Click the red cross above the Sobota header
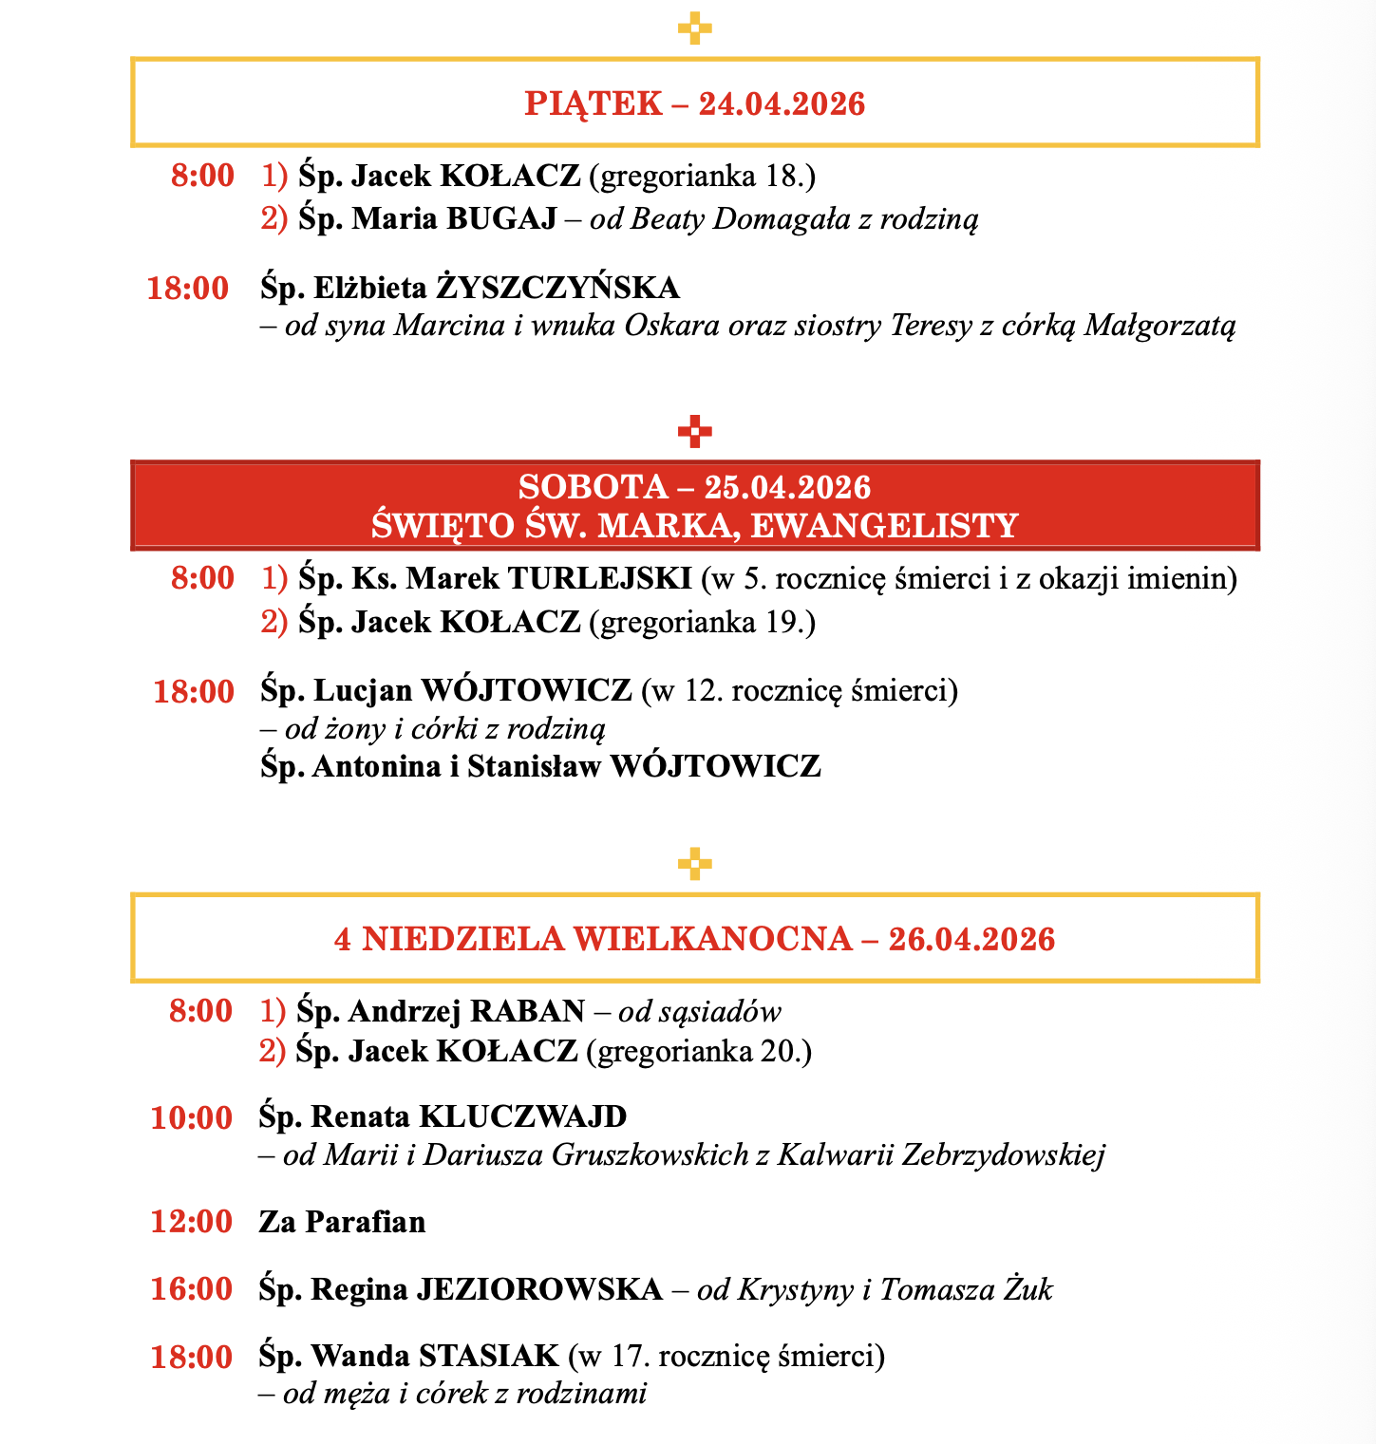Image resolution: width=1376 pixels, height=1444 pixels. pyautogui.click(x=695, y=432)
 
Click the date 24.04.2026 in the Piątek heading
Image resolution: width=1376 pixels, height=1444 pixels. pyautogui.click(x=782, y=103)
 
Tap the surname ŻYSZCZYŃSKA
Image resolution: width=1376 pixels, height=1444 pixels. pyautogui.click(x=557, y=287)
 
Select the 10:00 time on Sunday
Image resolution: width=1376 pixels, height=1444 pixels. pyautogui.click(x=191, y=1117)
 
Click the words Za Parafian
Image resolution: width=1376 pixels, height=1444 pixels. pyautogui.click(x=342, y=1221)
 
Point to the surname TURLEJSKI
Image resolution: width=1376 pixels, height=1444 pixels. pyautogui.click(x=600, y=577)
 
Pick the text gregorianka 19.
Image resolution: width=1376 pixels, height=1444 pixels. pyautogui.click(x=702, y=622)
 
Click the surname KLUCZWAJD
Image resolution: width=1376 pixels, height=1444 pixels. pyautogui.click(x=523, y=1116)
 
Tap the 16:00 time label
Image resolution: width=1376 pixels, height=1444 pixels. pyautogui.click(x=191, y=1289)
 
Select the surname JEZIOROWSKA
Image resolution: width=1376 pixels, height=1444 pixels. pyautogui.click(x=539, y=1289)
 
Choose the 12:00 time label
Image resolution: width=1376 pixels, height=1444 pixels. pyautogui.click(x=191, y=1221)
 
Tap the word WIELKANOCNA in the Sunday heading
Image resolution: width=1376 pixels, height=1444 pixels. pyautogui.click(x=713, y=939)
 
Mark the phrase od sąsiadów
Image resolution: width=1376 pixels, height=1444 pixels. pyautogui.click(x=700, y=1011)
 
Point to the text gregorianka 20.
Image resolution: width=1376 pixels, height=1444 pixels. pyautogui.click(x=699, y=1051)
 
